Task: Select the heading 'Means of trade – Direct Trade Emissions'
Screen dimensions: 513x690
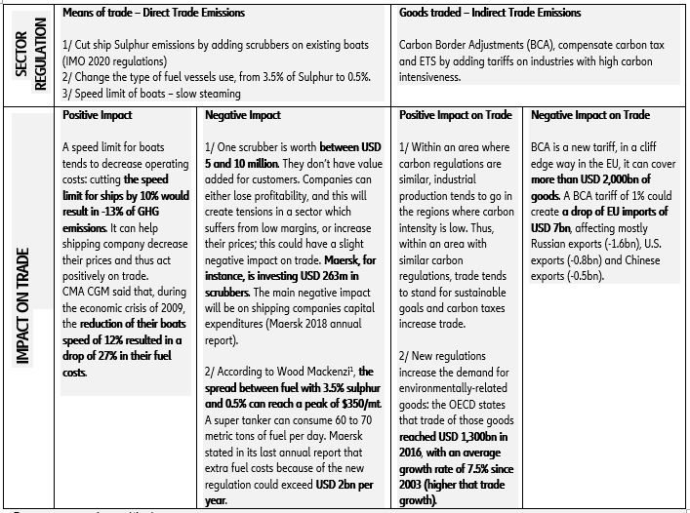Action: pos(153,13)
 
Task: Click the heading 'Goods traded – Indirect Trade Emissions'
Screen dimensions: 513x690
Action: pos(490,13)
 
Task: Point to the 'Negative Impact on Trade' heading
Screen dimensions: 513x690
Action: pos(590,115)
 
